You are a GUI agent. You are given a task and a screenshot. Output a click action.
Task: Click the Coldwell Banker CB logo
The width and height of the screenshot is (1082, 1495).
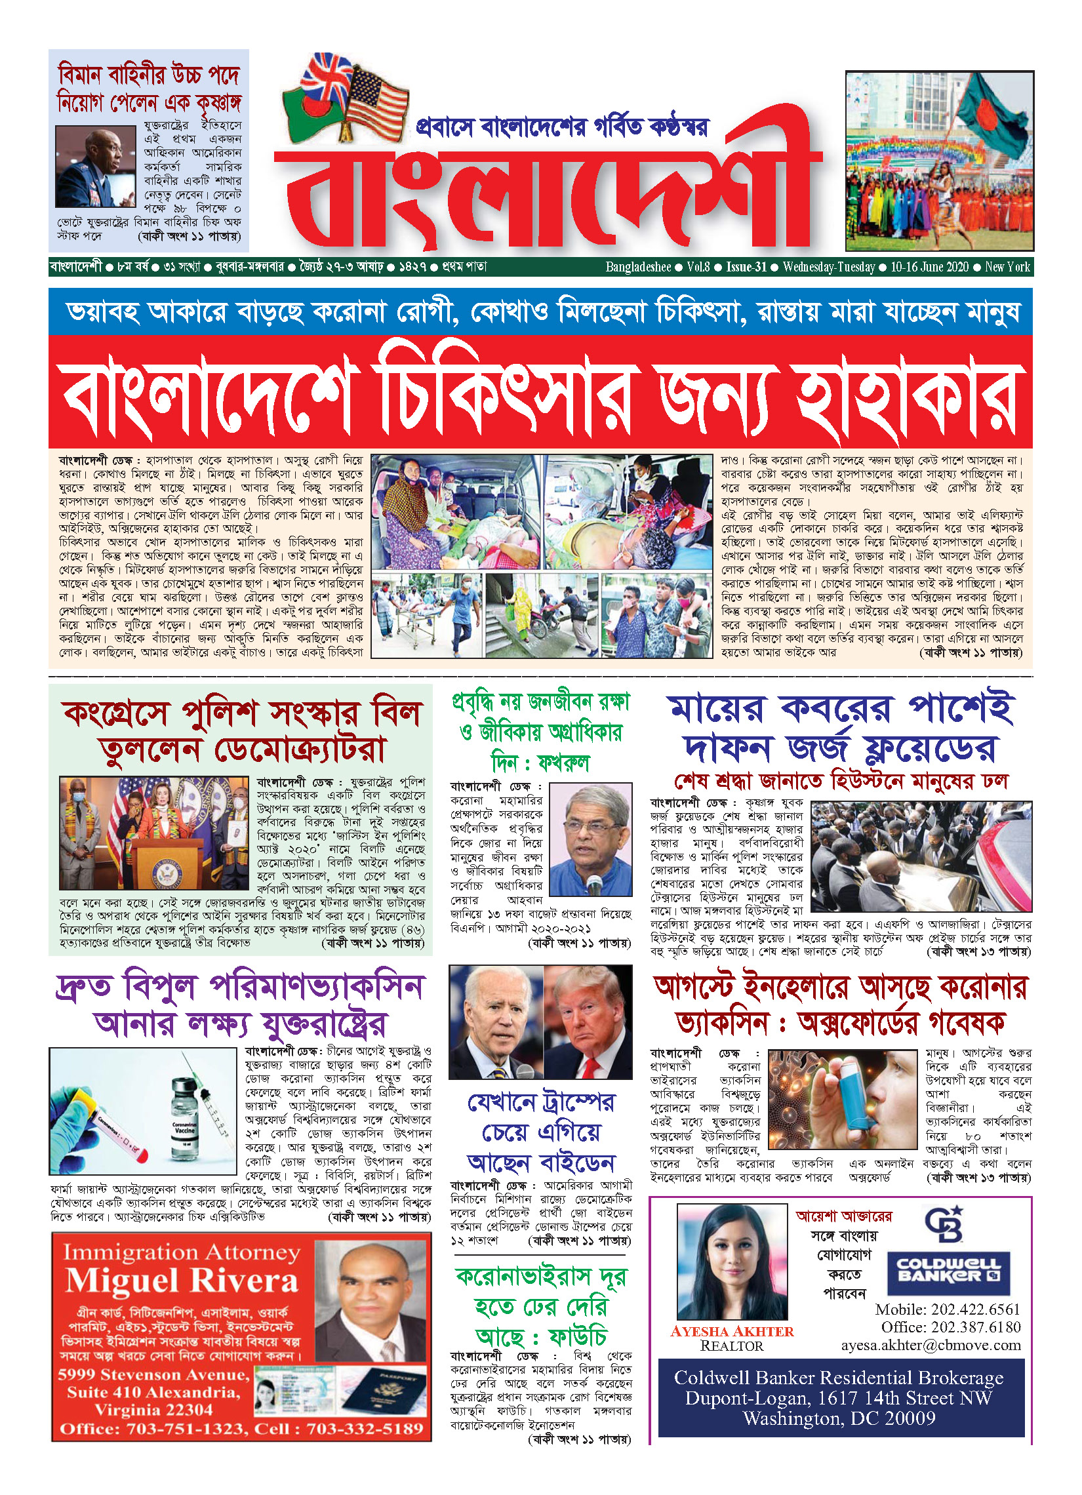[x=944, y=1224]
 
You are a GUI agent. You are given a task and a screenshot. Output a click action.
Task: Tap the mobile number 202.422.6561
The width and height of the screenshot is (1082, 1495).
[x=948, y=1309]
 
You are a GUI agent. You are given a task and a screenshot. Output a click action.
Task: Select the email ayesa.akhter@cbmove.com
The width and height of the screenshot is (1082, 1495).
[x=931, y=1345]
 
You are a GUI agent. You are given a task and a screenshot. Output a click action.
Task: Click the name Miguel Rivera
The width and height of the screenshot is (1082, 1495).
[x=182, y=1281]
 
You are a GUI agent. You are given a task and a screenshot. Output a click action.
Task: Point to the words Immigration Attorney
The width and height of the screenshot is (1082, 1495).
[x=182, y=1252]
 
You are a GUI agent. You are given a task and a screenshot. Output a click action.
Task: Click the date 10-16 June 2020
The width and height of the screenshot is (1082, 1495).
[x=929, y=267]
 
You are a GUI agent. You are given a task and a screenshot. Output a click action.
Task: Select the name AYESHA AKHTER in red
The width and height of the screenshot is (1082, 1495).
[x=731, y=1331]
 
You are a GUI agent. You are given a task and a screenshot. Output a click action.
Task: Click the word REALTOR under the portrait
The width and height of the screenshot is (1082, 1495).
[x=731, y=1345]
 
